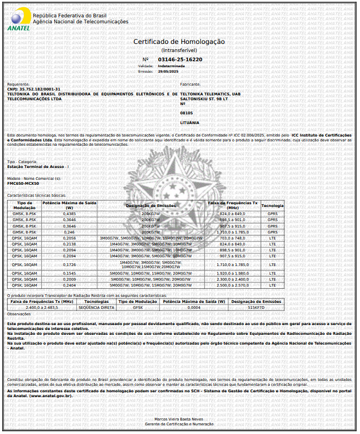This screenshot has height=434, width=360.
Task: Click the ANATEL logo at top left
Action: [18, 21]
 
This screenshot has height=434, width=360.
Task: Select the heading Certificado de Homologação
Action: [179, 42]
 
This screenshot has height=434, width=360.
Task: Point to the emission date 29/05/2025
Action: [168, 71]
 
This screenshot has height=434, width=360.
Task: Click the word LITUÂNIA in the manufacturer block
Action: [189, 123]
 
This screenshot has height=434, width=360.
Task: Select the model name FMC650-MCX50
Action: [23, 183]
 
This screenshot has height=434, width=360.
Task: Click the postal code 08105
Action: [186, 113]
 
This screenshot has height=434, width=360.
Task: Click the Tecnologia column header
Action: [272, 206]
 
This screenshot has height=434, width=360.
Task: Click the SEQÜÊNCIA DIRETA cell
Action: [97, 307]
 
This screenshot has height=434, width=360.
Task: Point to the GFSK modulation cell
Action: [138, 307]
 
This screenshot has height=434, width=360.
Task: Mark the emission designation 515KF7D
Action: [256, 307]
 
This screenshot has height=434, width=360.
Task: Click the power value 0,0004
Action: [194, 307]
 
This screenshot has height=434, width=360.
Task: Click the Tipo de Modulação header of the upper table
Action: [24, 206]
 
